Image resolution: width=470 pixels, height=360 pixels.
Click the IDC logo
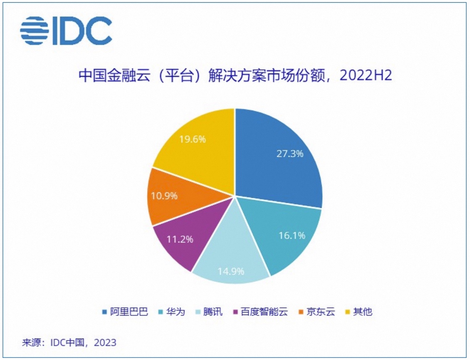point(66,31)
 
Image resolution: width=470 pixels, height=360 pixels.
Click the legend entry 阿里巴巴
point(129,312)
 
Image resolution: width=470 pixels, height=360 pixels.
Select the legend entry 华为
point(175,312)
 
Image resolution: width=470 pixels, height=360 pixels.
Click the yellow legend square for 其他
point(347,312)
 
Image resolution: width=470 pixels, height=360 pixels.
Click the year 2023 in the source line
point(105,342)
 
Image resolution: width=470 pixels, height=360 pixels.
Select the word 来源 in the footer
point(31,342)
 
